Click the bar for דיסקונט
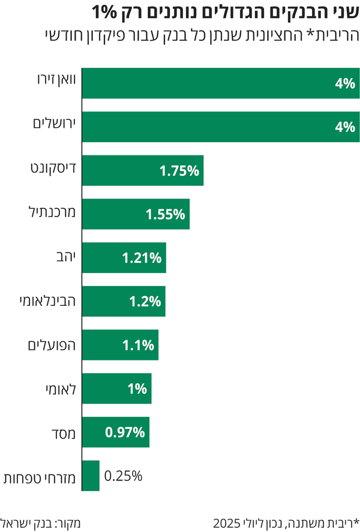pos(143,170)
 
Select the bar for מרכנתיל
pos(136,214)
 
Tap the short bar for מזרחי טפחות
pos(91,476)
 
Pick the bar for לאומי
pos(116,389)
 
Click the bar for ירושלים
pos(221,127)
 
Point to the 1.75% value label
pos(179,171)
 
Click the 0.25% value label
pos(123,476)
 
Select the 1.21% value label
pos(142,259)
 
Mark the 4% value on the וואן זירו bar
pos(346,83)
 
